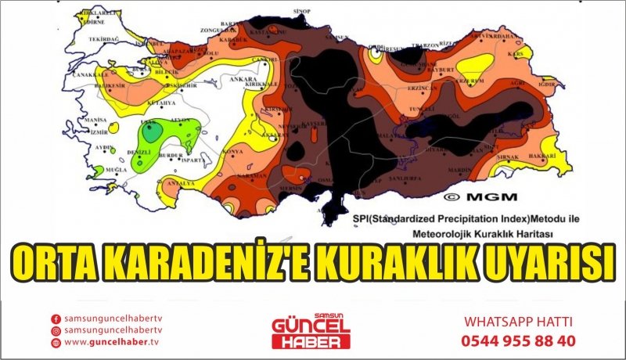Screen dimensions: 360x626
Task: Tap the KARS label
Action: point(515,55)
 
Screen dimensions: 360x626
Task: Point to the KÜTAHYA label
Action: point(166,103)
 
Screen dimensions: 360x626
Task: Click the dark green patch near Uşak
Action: point(150,130)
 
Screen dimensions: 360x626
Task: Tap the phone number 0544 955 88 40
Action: point(519,340)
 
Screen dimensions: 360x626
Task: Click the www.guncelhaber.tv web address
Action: point(111,342)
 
